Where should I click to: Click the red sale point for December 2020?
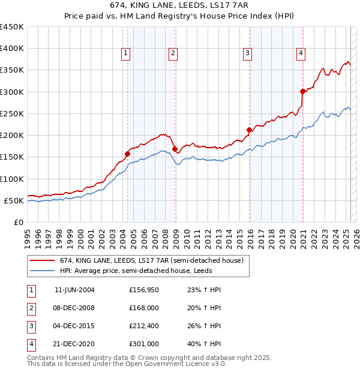point(302,91)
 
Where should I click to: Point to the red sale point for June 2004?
point(127,154)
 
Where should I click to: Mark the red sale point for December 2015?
point(249,130)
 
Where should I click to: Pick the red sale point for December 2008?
point(175,149)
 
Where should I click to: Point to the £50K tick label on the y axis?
point(14,200)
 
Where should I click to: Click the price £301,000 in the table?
point(144,344)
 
